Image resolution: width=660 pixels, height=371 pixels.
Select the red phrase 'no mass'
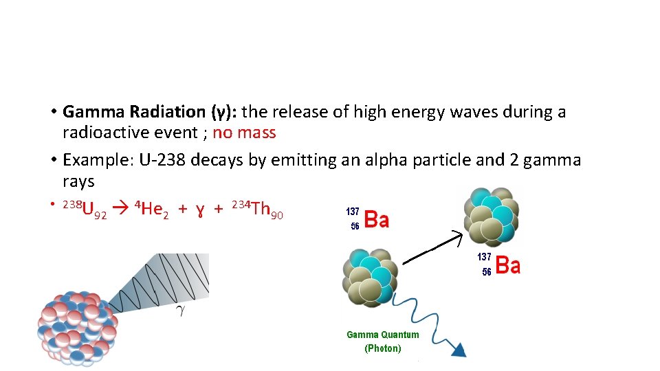tap(244, 133)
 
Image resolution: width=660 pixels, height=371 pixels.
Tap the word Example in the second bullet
tap(98, 161)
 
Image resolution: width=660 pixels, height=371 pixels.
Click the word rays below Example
tap(78, 182)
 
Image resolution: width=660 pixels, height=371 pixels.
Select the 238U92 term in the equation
tap(84, 209)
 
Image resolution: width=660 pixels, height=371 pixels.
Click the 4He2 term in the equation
tap(151, 208)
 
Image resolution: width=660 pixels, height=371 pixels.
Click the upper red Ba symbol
tap(376, 220)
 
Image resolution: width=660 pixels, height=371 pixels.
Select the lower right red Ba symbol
tap(507, 265)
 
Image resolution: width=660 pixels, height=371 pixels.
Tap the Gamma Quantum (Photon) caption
tap(382, 341)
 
